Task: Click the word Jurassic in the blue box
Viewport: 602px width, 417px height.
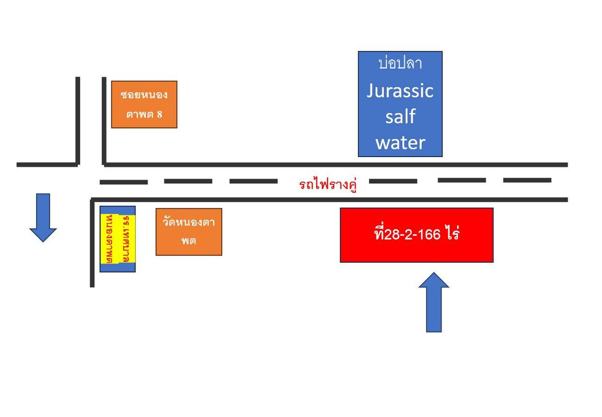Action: (x=400, y=91)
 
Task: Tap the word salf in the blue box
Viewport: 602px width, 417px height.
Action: (x=400, y=116)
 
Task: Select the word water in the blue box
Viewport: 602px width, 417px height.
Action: (x=400, y=143)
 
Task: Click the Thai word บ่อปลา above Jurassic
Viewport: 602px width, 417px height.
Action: (x=400, y=64)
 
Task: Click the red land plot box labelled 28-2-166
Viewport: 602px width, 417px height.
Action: (x=416, y=235)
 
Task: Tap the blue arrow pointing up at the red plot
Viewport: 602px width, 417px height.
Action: (x=433, y=302)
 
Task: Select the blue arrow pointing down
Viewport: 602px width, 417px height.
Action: (x=43, y=217)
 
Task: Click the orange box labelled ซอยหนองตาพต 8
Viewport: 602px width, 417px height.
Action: (x=144, y=104)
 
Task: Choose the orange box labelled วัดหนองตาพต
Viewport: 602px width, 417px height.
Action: (x=189, y=231)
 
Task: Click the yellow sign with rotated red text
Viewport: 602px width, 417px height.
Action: (x=117, y=239)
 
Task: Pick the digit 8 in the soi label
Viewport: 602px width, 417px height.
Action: (x=160, y=114)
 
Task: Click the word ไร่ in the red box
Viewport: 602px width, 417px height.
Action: (x=452, y=234)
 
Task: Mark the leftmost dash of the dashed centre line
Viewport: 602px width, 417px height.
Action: (x=123, y=182)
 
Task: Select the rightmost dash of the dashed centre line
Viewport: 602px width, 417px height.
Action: (x=527, y=180)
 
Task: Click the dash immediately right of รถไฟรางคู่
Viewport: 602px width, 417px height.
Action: (x=393, y=181)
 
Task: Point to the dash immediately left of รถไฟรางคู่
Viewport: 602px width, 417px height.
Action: (x=253, y=181)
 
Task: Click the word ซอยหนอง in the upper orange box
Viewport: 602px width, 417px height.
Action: (x=144, y=94)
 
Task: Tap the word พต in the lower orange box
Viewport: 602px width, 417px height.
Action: (x=189, y=241)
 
